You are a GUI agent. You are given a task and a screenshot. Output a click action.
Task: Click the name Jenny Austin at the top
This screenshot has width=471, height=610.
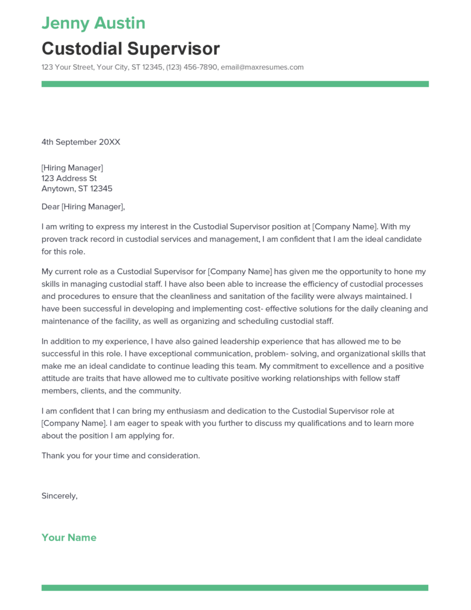[x=93, y=23]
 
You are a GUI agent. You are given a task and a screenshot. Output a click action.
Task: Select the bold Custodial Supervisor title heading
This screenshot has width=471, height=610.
[x=130, y=48]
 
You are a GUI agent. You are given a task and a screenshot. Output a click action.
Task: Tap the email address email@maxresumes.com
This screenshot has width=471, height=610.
[x=262, y=67]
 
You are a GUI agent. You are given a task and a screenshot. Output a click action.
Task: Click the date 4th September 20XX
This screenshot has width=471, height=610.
[x=81, y=142]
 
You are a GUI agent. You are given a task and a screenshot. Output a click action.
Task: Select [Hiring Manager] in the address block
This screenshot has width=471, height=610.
[x=72, y=168]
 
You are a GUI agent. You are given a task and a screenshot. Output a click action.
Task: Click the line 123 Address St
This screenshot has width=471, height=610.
[x=69, y=179]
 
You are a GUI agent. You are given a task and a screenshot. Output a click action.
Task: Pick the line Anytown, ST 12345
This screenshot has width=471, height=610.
[x=77, y=189]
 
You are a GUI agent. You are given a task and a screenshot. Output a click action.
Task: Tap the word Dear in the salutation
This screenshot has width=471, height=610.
[x=50, y=207]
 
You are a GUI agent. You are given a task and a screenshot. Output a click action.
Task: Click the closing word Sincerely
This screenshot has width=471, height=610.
[x=59, y=496]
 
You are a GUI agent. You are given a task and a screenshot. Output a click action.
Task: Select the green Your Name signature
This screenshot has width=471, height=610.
[x=69, y=537]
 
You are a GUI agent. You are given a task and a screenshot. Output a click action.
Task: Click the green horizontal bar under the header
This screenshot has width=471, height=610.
[x=235, y=84]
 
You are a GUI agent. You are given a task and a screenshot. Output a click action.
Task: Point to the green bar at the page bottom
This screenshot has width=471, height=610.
[x=235, y=588]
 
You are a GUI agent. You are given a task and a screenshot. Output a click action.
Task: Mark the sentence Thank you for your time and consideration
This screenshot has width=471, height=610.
[x=121, y=456]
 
